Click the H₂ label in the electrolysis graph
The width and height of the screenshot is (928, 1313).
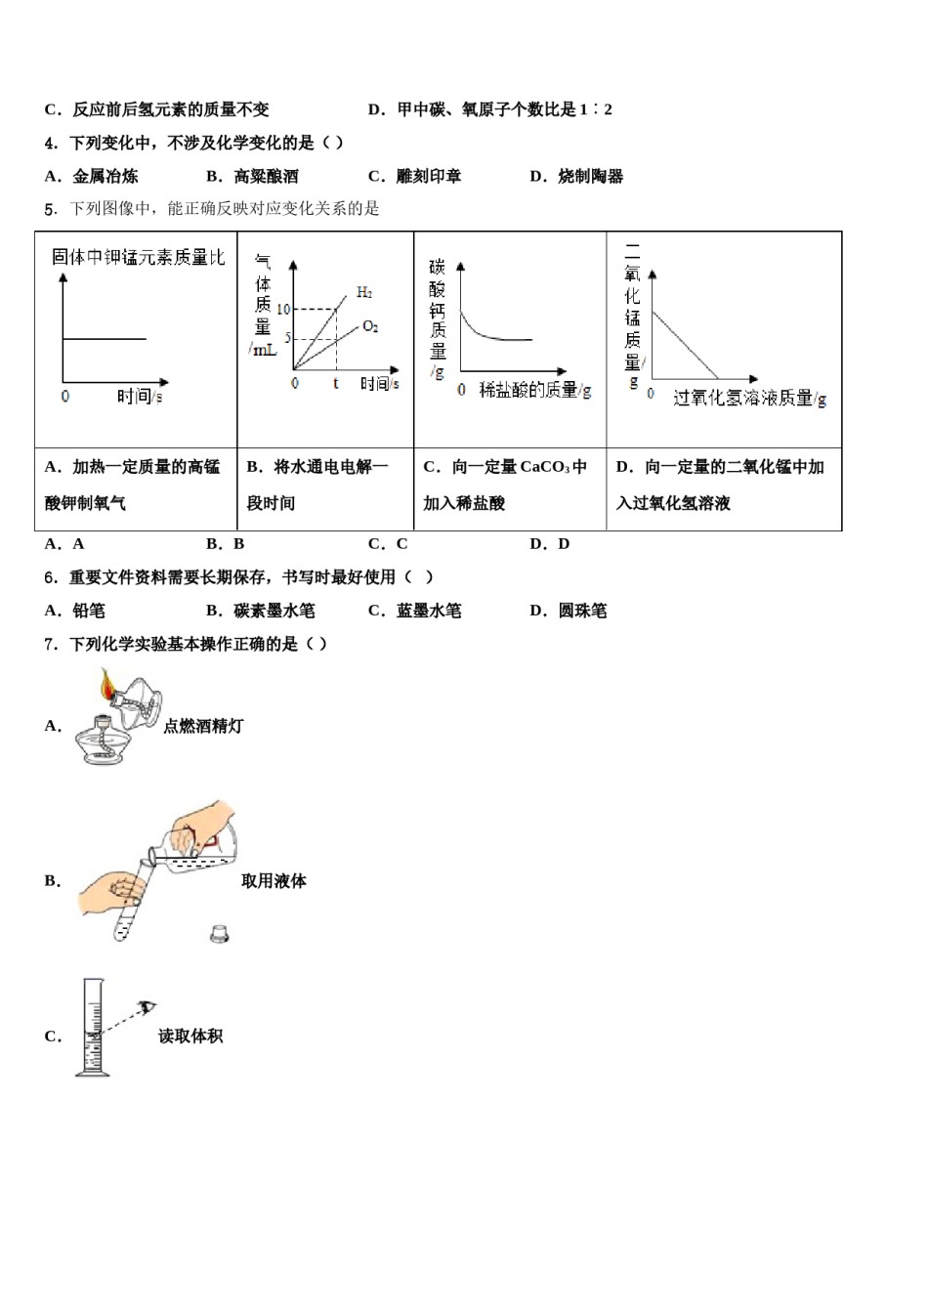[364, 292]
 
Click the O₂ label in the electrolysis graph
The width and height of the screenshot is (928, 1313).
[370, 326]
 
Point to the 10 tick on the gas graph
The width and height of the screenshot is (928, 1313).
[283, 310]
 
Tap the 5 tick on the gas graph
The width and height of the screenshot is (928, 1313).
[288, 338]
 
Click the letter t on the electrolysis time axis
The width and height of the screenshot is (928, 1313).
[335, 384]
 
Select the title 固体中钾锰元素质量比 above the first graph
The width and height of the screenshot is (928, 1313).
[138, 257]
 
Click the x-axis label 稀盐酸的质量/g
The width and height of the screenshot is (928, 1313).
[535, 391]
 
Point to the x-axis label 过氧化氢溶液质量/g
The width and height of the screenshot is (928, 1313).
[749, 399]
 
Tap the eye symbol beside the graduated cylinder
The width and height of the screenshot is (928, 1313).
[148, 1007]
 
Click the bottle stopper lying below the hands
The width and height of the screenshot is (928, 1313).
[219, 934]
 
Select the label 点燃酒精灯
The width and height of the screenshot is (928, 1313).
[203, 726]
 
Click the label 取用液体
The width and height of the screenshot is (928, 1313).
[274, 881]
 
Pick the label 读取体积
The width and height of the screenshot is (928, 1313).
[190, 1037]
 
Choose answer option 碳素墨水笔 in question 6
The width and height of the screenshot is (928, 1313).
[274, 611]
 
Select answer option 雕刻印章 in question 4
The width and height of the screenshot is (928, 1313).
[428, 177]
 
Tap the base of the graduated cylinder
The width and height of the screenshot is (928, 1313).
[93, 1073]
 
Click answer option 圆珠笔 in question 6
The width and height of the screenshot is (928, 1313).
[582, 611]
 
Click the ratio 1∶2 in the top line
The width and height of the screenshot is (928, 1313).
[596, 109]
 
